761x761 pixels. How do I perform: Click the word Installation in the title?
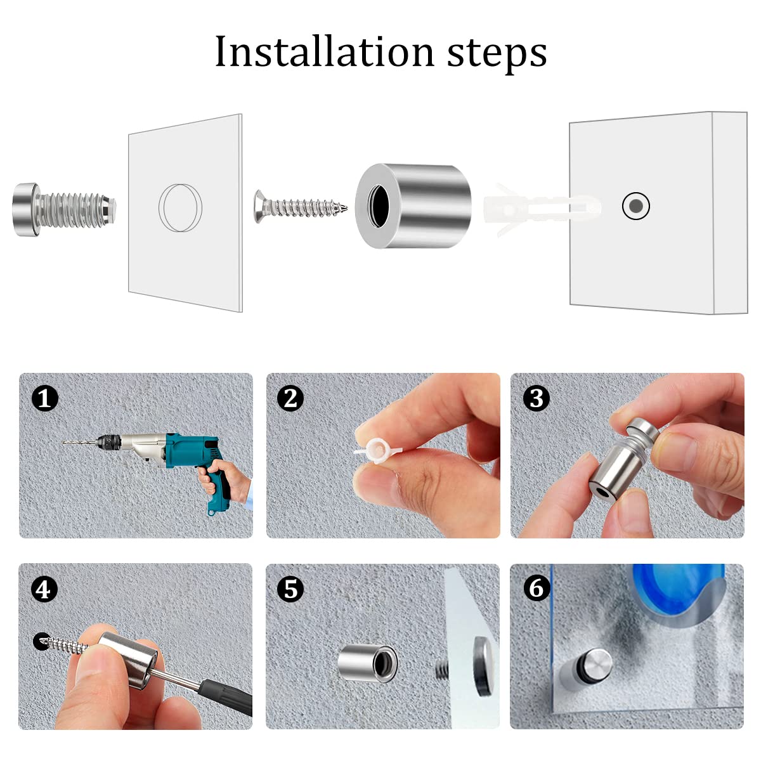pos(325,52)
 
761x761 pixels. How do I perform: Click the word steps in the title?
pos(497,54)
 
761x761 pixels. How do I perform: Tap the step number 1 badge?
pos(44,398)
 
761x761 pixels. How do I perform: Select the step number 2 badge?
pos(290,398)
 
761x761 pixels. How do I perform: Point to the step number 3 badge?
pos(537,398)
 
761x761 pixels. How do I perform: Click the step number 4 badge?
pos(44,590)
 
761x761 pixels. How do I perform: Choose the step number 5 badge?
pos(290,590)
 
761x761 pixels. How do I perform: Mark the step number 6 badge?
pos(537,589)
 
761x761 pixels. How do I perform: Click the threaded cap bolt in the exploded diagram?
pos(65,209)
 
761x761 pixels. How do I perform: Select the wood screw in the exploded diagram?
pos(300,207)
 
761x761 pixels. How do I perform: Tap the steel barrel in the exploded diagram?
pos(413,205)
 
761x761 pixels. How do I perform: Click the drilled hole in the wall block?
pos(636,205)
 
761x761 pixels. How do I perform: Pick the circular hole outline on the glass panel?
pos(181,208)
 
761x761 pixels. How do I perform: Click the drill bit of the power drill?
pos(80,443)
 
